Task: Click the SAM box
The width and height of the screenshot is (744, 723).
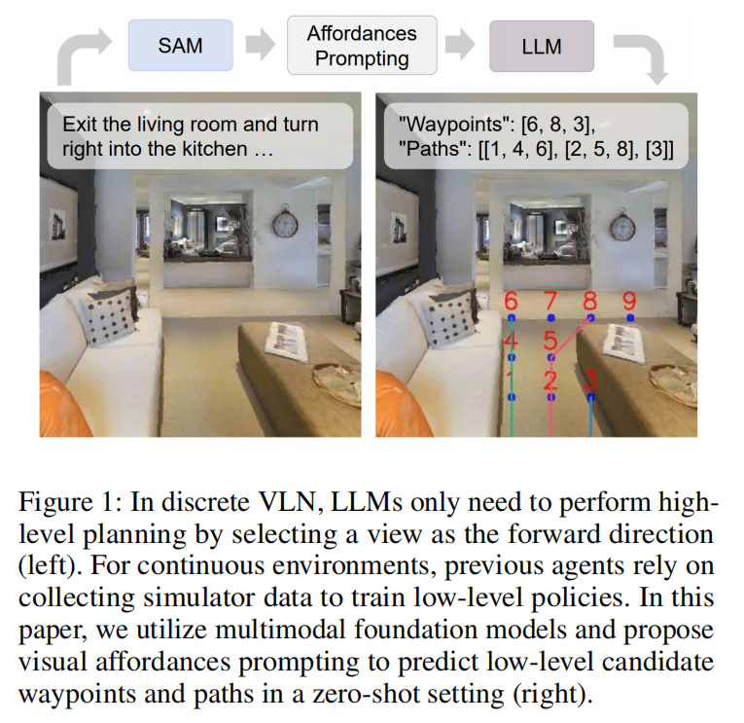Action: pos(180,46)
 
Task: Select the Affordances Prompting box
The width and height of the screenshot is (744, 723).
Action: pos(362,46)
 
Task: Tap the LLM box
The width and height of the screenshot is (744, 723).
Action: pos(542,46)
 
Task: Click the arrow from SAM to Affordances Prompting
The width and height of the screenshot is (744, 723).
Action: pos(260,45)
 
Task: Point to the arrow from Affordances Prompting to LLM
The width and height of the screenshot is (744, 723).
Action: pos(460,45)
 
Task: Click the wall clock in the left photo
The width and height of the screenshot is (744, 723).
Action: pos(285,223)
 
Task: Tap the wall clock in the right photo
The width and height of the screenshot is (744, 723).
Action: pos(622,225)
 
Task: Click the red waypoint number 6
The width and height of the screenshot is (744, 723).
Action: pos(511,301)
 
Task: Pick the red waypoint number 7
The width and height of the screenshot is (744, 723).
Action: pos(550,301)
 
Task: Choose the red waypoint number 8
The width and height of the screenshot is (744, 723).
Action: pos(589,301)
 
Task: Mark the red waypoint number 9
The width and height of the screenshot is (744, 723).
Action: pos(629,301)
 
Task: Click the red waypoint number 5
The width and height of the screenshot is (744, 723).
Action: pos(549,341)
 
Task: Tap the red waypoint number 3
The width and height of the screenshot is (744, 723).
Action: pos(589,380)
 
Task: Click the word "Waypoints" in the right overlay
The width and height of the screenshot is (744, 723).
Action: pos(455,125)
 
